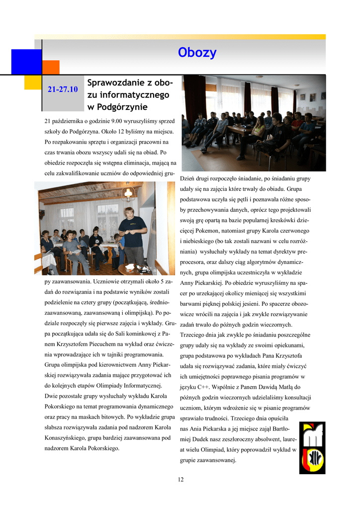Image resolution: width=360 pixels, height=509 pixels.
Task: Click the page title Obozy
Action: coord(197,53)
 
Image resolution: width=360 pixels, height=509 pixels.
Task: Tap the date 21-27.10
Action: coord(63,89)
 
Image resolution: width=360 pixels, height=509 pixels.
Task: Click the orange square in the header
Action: coord(51,67)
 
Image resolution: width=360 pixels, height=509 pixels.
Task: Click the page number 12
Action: coord(180,479)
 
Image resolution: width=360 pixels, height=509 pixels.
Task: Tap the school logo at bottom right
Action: coord(312,448)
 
